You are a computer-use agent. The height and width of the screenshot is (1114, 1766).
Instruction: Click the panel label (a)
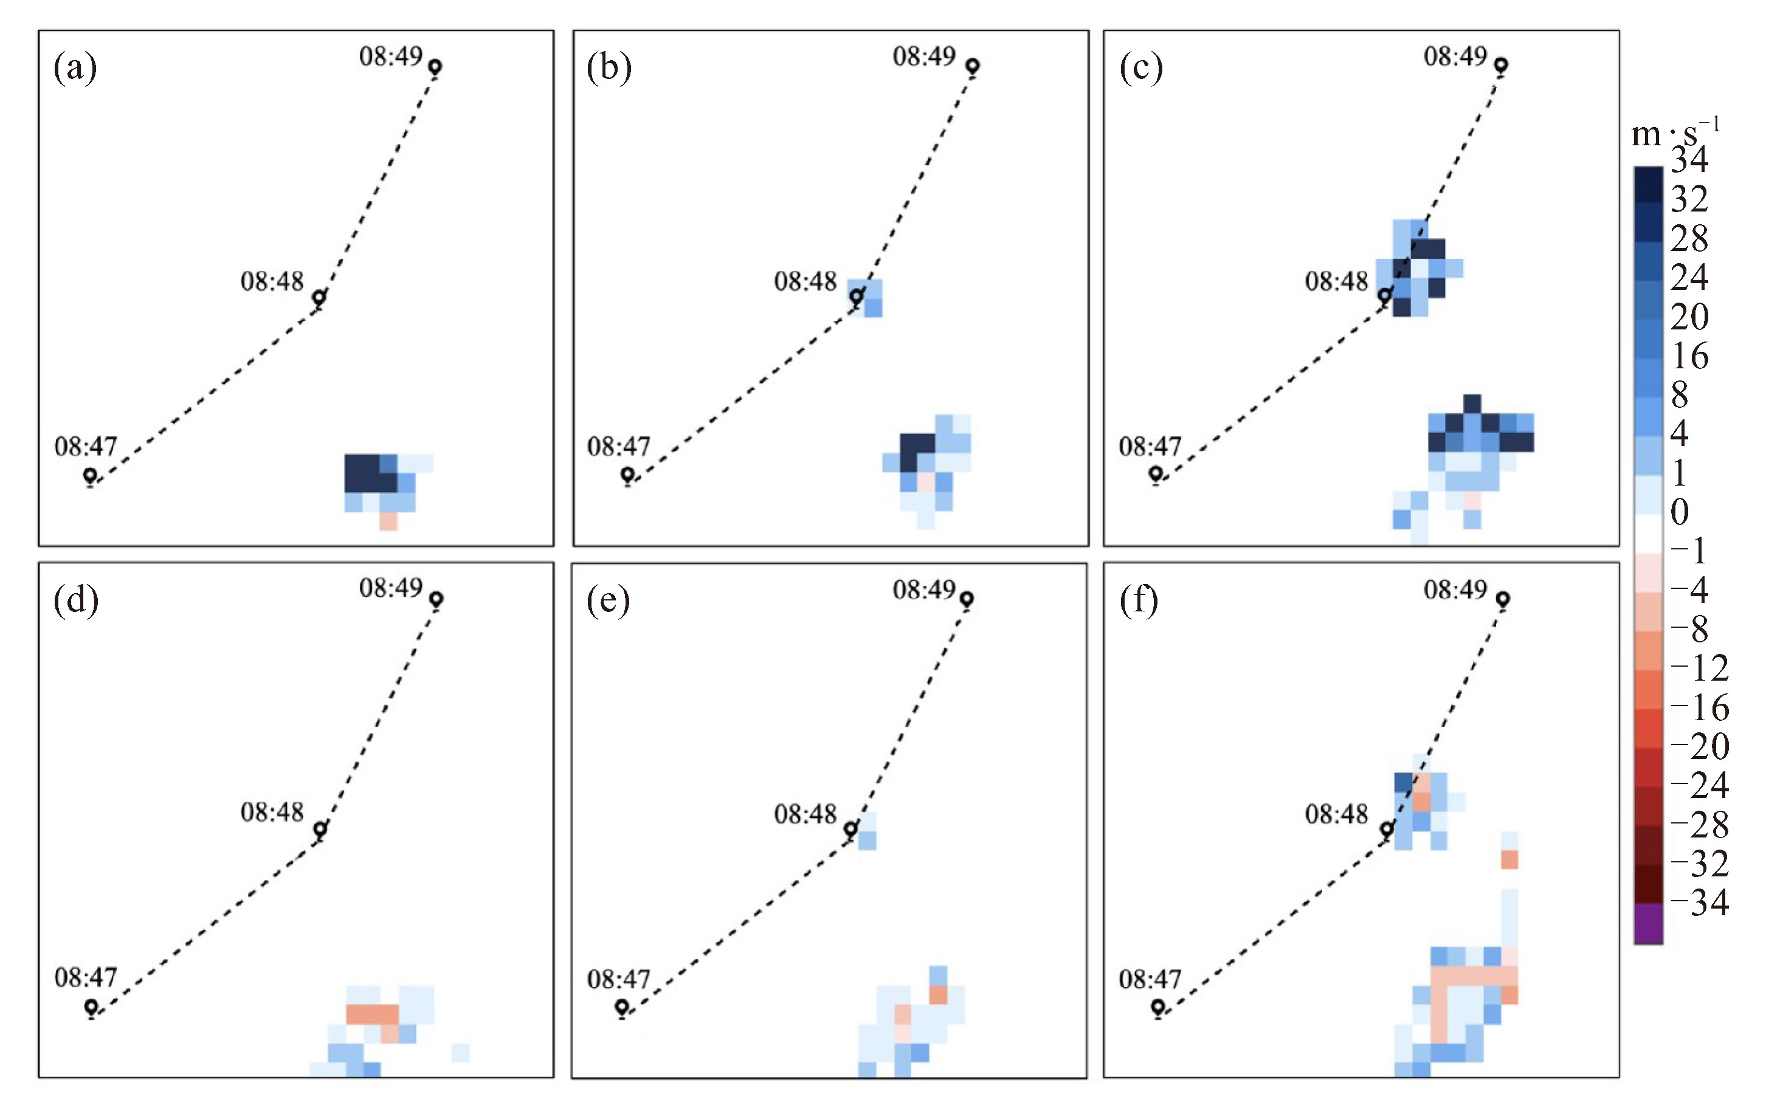pos(75,69)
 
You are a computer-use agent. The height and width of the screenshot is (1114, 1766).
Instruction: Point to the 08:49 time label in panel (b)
pos(924,56)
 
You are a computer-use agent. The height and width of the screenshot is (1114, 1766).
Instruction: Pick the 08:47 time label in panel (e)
pos(618,979)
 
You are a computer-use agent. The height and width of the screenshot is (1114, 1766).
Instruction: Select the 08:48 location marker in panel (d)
pos(320,830)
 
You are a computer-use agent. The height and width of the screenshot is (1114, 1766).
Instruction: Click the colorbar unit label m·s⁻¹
pos(1675,132)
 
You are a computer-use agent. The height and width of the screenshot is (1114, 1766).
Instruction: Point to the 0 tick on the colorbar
pos(1680,512)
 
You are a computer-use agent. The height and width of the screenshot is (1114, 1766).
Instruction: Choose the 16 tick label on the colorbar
pos(1691,356)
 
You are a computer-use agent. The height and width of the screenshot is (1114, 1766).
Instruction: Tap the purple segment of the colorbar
pos(1648,923)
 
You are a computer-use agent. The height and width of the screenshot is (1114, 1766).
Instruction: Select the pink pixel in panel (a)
pos(388,521)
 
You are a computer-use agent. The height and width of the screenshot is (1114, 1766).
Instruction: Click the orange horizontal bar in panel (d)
pos(373,1014)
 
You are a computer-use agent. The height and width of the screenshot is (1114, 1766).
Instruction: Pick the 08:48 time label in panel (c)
pos(1336,281)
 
